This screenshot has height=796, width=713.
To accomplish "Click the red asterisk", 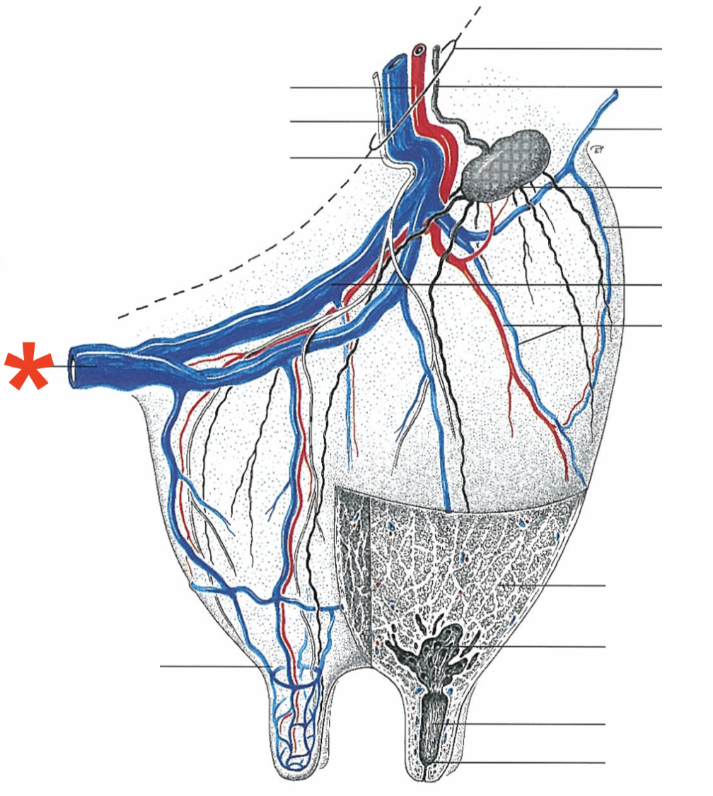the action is coord(29,365).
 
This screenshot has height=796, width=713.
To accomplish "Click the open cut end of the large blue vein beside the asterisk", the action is coord(74,367).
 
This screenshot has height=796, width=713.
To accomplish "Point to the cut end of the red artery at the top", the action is coord(419,51).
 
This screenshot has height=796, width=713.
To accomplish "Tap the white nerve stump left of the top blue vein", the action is coord(376,76).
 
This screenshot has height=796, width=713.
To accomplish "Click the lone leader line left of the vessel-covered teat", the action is coord(212,666).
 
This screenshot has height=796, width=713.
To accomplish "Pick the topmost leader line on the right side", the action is coord(559,49).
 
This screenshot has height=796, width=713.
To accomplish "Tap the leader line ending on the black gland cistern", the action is coord(538,647).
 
